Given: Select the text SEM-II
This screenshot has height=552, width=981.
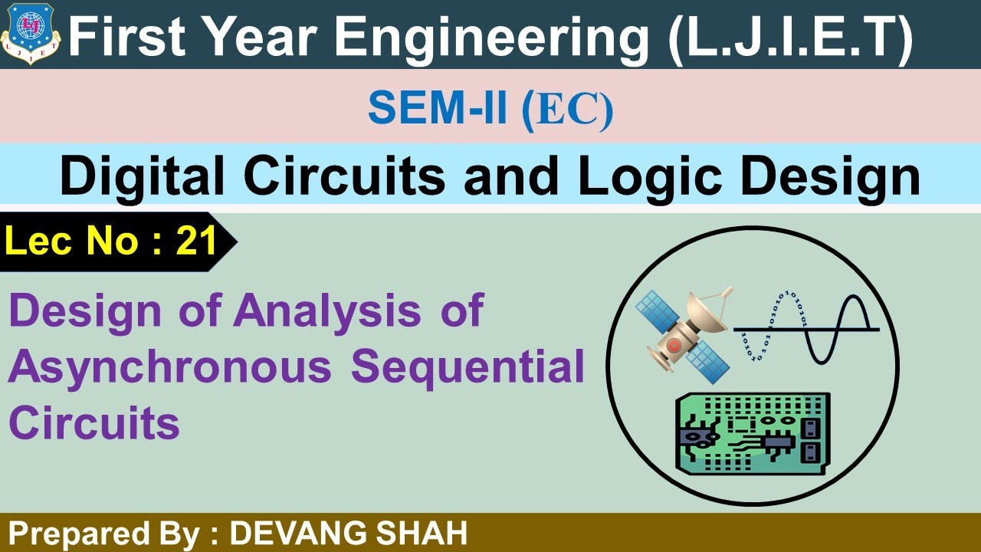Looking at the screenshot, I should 437,110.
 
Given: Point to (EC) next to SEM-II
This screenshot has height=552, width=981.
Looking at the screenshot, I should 567,110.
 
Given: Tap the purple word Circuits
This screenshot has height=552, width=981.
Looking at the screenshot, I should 94,422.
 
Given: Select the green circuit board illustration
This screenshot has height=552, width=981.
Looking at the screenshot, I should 751,433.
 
